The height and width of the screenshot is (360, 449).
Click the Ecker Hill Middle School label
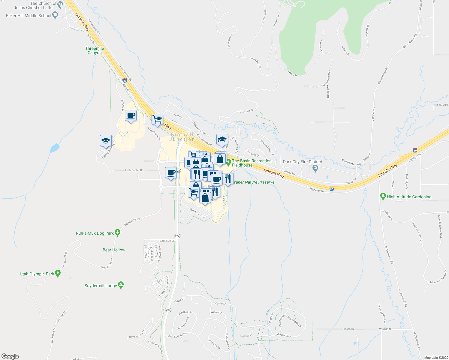tap(29, 16)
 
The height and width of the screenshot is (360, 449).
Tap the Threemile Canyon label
tap(95, 50)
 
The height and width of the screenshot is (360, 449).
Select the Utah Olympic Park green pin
tap(58, 273)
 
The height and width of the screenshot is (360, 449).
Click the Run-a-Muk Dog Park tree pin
tap(118, 232)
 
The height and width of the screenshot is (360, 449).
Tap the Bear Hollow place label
tap(114, 250)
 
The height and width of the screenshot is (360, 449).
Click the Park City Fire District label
tap(303, 162)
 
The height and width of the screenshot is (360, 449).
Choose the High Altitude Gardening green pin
tap(383, 196)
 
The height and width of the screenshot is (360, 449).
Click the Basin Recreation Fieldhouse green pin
tap(228, 162)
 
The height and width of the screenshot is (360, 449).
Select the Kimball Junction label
tap(182, 137)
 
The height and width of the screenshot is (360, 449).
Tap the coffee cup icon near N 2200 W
tap(131, 115)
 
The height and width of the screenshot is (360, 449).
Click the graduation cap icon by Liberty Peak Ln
tap(106, 140)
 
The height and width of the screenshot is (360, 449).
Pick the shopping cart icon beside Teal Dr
tap(157, 119)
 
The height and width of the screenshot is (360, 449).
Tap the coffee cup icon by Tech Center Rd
tap(171, 173)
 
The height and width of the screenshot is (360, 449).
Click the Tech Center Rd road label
tap(134, 170)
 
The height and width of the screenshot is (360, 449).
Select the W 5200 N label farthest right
tap(385, 329)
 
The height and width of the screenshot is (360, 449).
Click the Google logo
tap(10, 356)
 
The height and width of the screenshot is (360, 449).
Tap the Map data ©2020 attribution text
tap(435, 358)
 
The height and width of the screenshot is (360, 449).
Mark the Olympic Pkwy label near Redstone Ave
tap(132, 221)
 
